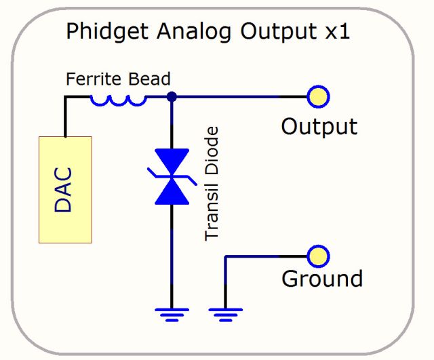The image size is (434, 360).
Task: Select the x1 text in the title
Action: [x=336, y=32]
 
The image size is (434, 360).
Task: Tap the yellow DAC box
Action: [x=65, y=189]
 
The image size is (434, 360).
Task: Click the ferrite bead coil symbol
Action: [x=118, y=101]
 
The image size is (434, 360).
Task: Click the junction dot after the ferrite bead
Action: [x=172, y=97]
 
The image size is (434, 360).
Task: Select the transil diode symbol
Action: [x=172, y=178]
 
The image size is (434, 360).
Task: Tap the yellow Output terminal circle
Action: [x=317, y=97]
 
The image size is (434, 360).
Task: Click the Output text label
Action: [x=319, y=126]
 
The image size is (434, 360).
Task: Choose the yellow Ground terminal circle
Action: [x=317, y=256]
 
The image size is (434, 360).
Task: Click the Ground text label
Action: [x=321, y=279]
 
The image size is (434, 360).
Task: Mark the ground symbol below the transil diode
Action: [x=171, y=313]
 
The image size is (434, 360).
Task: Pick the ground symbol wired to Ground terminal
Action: [x=225, y=313]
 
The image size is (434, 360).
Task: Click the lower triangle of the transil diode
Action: [x=172, y=192]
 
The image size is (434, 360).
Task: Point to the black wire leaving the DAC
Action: [x=66, y=115]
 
